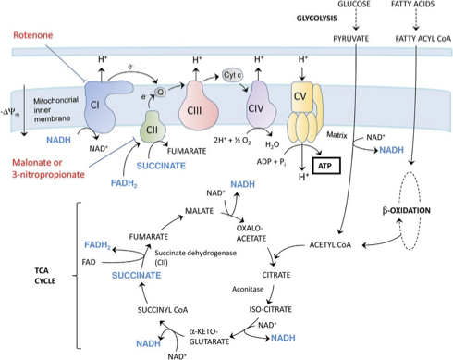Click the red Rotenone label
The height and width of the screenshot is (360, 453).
[x=33, y=35]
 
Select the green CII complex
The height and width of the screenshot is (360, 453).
[x=153, y=127]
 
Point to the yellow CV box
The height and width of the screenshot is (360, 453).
[x=301, y=96]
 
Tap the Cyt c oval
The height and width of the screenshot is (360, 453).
[x=232, y=75]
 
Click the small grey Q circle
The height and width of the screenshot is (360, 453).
[x=160, y=92]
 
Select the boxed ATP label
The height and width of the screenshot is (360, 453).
[x=326, y=166]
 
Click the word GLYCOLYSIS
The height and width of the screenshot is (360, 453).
[x=316, y=19]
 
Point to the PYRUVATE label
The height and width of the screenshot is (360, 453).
[x=351, y=39]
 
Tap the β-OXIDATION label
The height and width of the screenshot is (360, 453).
[x=406, y=211]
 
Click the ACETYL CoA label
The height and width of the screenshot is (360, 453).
[x=330, y=245]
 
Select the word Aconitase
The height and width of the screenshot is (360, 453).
[x=248, y=290]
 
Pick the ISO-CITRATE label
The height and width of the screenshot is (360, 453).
[x=271, y=309]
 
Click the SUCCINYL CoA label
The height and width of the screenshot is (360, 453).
[x=163, y=310]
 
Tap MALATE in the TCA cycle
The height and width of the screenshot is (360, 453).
[x=199, y=211]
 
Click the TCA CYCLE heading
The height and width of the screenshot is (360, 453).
[x=45, y=276]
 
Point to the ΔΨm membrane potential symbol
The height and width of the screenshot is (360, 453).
[x=10, y=112]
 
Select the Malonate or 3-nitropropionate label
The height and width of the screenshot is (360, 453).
[x=48, y=168]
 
